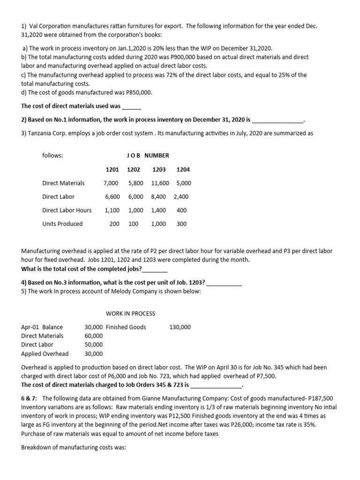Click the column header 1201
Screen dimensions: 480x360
[x=112, y=169]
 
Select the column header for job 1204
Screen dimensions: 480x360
[x=183, y=169]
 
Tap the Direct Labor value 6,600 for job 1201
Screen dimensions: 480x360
[x=113, y=197]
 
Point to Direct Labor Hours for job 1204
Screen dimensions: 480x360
[x=181, y=210]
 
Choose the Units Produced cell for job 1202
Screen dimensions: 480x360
[x=133, y=224]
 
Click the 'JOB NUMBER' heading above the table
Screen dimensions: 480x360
[x=148, y=156]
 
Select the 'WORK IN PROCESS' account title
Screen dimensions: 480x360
[x=130, y=314]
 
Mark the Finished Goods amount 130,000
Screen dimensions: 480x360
[x=180, y=327]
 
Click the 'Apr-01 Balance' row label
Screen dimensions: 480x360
[x=42, y=327]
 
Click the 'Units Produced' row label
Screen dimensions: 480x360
[x=62, y=224]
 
